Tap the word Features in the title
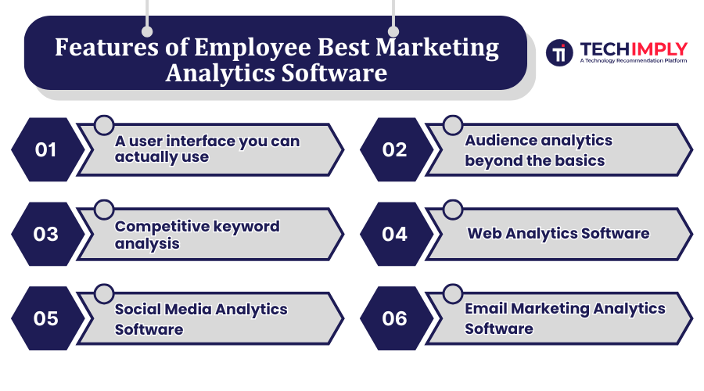106,47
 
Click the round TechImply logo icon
559,52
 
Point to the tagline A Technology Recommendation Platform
633,60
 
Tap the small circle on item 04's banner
453,210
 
